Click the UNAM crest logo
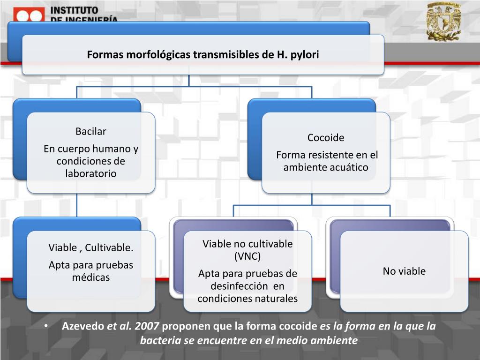pyautogui.click(x=443, y=21)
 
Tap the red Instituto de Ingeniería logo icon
pyautogui.click(x=29, y=15)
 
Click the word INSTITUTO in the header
pyautogui.click(x=74, y=10)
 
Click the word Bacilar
pyautogui.click(x=91, y=131)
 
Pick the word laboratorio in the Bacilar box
pyautogui.click(x=91, y=173)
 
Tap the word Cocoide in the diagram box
pyautogui.click(x=326, y=137)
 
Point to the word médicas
pyautogui.click(x=91, y=277)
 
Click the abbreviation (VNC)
pyautogui.click(x=247, y=256)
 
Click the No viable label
pyautogui.click(x=404, y=271)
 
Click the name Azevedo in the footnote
pyautogui.click(x=83, y=326)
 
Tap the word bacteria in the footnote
pyautogui.click(x=160, y=340)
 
